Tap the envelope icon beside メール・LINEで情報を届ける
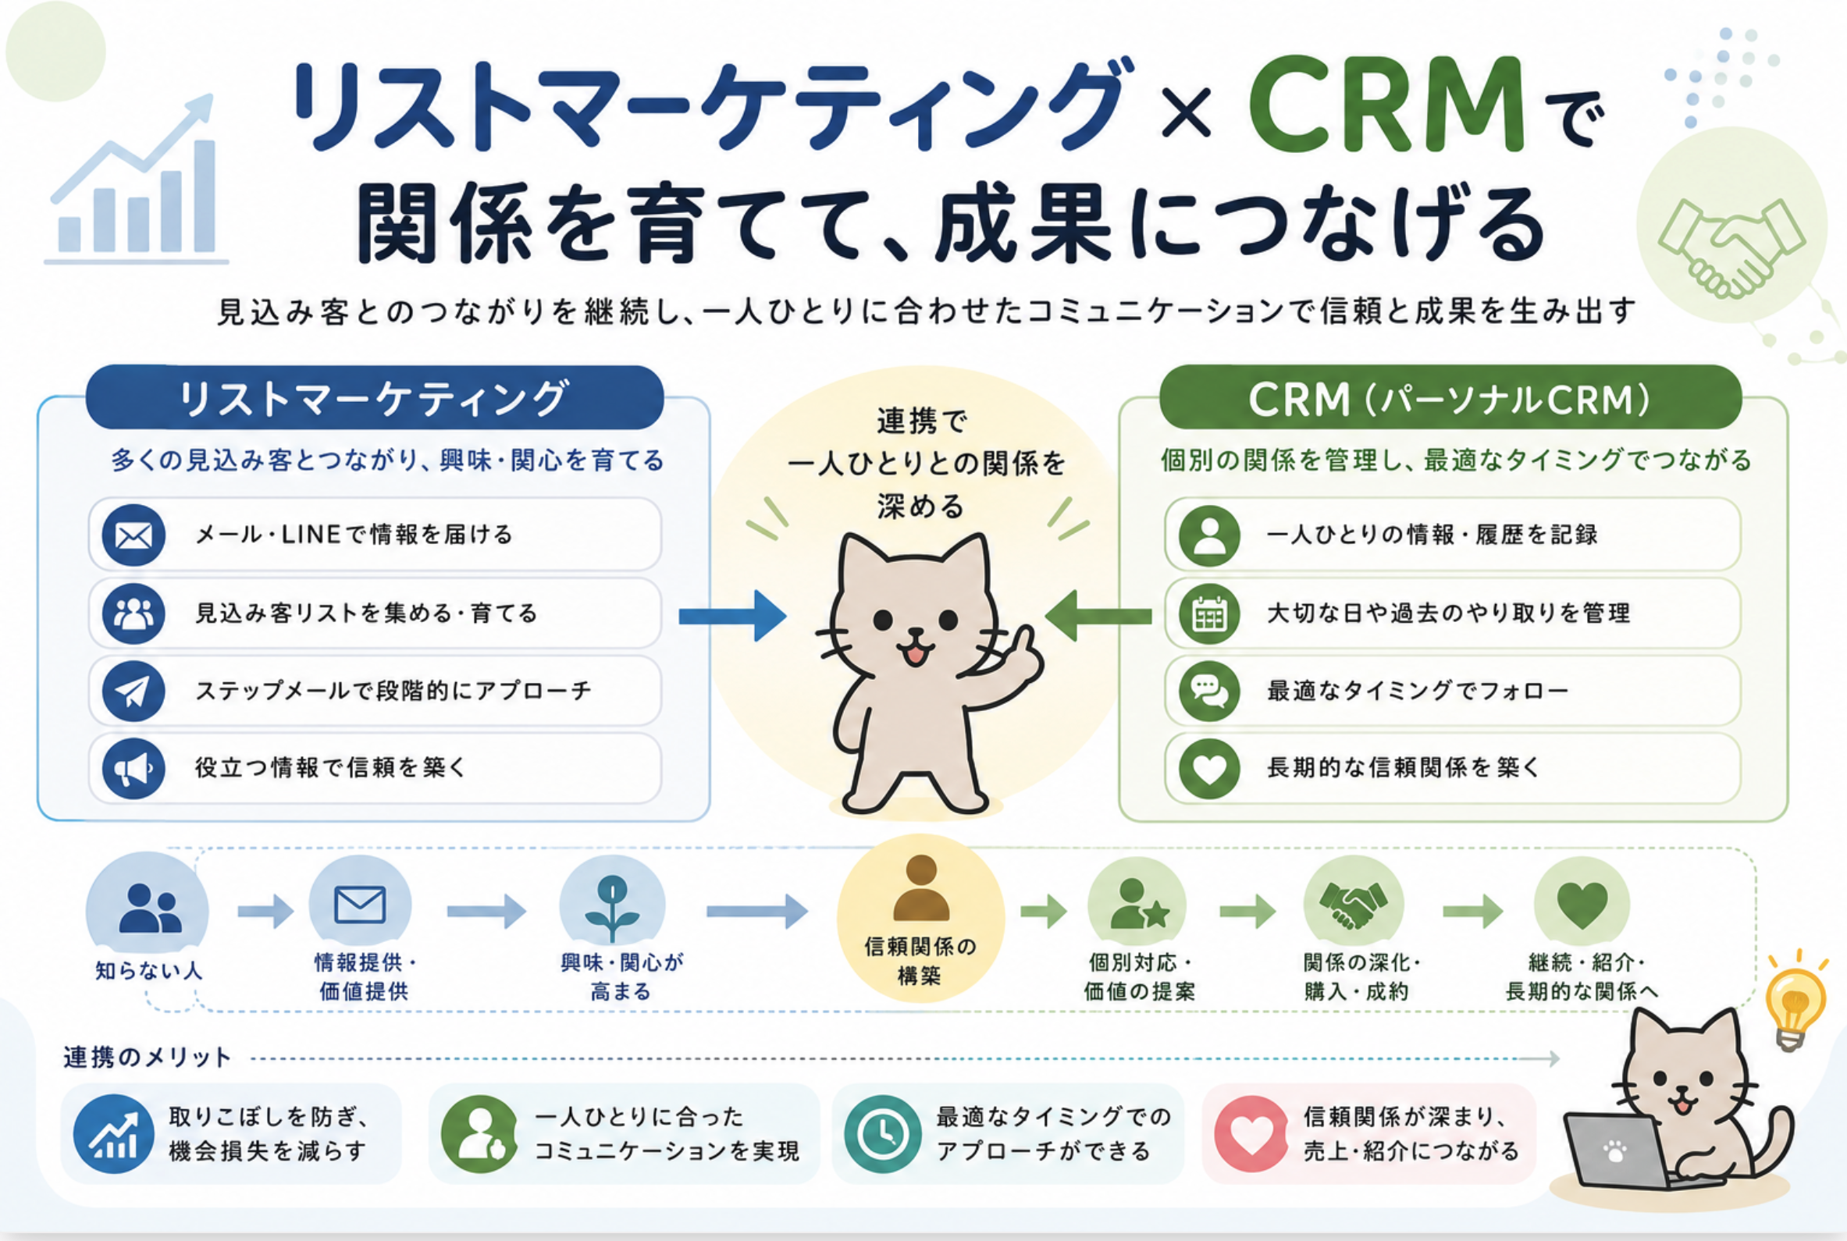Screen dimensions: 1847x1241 [133, 535]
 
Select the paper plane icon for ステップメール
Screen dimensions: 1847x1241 [133, 691]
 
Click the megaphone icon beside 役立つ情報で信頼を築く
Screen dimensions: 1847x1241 [133, 768]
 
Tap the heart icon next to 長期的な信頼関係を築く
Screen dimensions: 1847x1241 [1208, 768]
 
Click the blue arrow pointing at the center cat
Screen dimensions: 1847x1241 [732, 616]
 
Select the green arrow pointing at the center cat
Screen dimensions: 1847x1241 [1098, 616]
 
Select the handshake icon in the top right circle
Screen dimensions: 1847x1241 [1731, 247]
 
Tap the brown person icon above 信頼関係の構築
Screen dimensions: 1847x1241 [920, 889]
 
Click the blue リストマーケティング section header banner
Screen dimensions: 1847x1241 [374, 397]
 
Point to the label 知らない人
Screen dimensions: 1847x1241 [148, 970]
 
